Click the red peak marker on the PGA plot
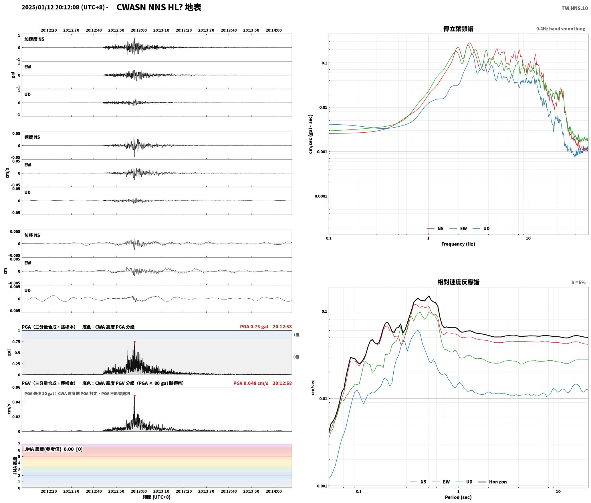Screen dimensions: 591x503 pos(134,342)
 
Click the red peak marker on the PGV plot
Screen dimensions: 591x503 pos(134,396)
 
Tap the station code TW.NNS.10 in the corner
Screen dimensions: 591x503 pos(575,8)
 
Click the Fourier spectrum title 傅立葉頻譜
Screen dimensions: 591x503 pos(458,29)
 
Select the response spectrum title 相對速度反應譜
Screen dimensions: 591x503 pos(458,282)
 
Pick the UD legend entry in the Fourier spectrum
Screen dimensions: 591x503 pos(481,229)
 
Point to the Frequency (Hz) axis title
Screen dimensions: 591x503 pos(458,244)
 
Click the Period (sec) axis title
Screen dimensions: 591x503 pos(458,497)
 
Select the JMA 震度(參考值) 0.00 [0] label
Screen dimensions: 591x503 pos(53,449)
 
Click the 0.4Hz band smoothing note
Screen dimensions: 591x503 pos(561,29)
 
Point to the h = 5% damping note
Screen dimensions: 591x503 pos(578,282)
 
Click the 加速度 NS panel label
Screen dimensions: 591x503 pos(34,39)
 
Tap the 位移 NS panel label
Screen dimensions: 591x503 pos(32,235)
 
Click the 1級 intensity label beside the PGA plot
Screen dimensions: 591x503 pos(296,335)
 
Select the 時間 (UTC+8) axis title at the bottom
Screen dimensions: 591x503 pos(157,497)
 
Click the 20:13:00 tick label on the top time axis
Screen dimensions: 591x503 pos(139,30)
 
